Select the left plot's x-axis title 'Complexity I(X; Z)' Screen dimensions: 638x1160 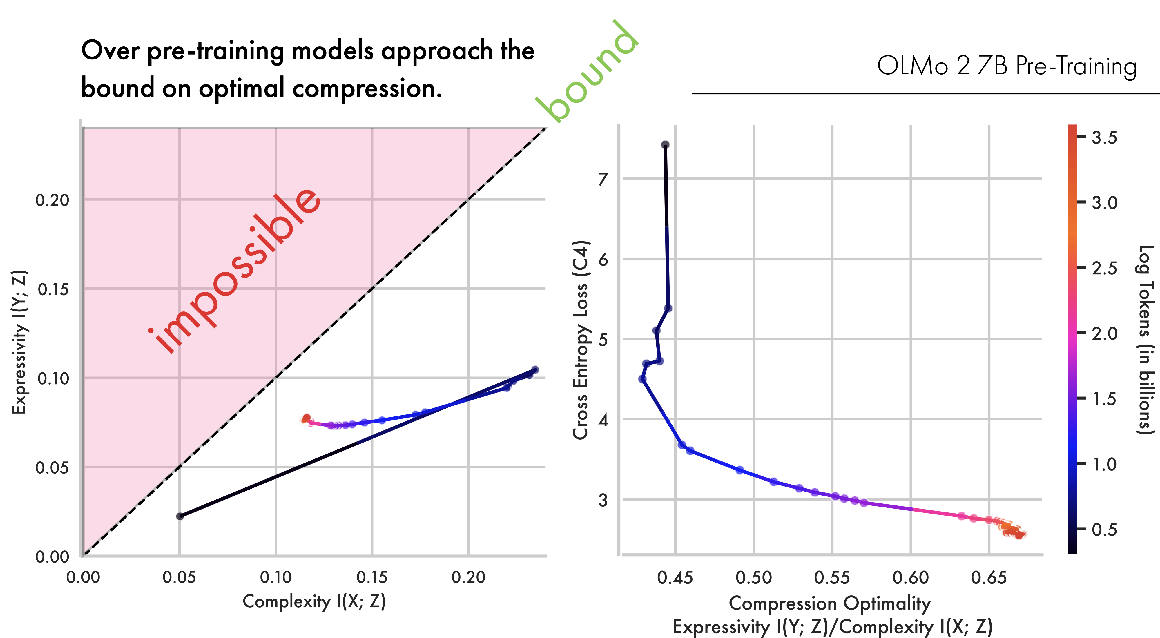(314, 601)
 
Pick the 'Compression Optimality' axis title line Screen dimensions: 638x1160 (829, 603)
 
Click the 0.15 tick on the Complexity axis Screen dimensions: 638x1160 (372, 577)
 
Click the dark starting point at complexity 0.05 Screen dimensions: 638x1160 (180, 516)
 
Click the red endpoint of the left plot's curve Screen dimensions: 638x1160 (307, 418)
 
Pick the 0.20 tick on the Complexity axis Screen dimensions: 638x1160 (468, 577)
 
